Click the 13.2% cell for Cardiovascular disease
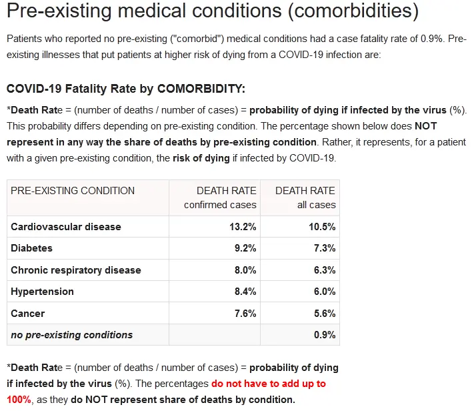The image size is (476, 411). tap(243, 227)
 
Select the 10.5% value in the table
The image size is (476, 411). tap(322, 227)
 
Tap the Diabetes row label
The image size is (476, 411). tap(31, 248)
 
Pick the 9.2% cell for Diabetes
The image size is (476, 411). tap(245, 248)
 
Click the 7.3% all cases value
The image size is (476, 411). tap(325, 248)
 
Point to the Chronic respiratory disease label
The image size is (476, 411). tap(76, 270)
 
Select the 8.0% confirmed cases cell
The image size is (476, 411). tap(245, 270)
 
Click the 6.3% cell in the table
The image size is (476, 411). tap(325, 270)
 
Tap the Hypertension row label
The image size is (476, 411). tap(42, 292)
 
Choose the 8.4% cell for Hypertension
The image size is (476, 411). tap(245, 292)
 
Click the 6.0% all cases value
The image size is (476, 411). tap(325, 292)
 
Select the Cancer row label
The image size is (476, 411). tap(27, 314)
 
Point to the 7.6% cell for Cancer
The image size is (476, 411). tap(245, 314)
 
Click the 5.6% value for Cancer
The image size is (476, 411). tap(325, 314)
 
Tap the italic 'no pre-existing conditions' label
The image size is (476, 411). tap(71, 335)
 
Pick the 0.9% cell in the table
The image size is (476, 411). tap(325, 335)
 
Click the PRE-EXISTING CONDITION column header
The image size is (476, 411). tap(73, 191)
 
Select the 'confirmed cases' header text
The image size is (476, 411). tap(220, 205)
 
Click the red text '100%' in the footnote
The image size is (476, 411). tap(19, 400)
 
